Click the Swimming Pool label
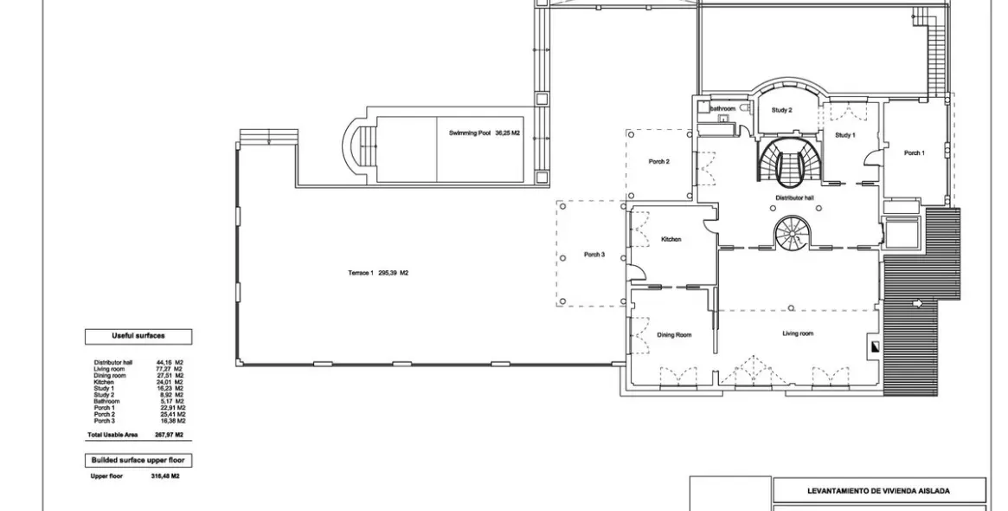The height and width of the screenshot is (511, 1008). (484, 133)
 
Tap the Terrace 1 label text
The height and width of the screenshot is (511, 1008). (378, 273)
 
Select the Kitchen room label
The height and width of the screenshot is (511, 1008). (671, 239)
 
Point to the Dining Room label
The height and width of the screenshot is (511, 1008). (674, 334)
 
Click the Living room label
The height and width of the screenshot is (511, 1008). (798, 333)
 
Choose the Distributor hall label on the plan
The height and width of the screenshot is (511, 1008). (793, 197)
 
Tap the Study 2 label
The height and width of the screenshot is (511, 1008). (782, 110)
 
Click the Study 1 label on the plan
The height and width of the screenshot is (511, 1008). (844, 135)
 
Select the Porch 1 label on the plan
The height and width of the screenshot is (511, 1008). (914, 153)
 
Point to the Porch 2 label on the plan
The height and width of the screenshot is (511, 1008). (658, 161)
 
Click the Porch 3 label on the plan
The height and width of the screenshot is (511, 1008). (594, 254)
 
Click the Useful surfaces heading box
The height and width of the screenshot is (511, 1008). (138, 336)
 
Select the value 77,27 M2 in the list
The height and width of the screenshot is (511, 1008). (170, 369)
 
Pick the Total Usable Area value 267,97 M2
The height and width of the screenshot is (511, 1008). (170, 435)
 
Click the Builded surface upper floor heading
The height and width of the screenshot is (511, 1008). (138, 460)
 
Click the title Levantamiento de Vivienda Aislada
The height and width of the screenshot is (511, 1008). (878, 491)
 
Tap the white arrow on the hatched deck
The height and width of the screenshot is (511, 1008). (917, 303)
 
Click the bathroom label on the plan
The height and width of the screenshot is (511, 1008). (723, 109)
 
